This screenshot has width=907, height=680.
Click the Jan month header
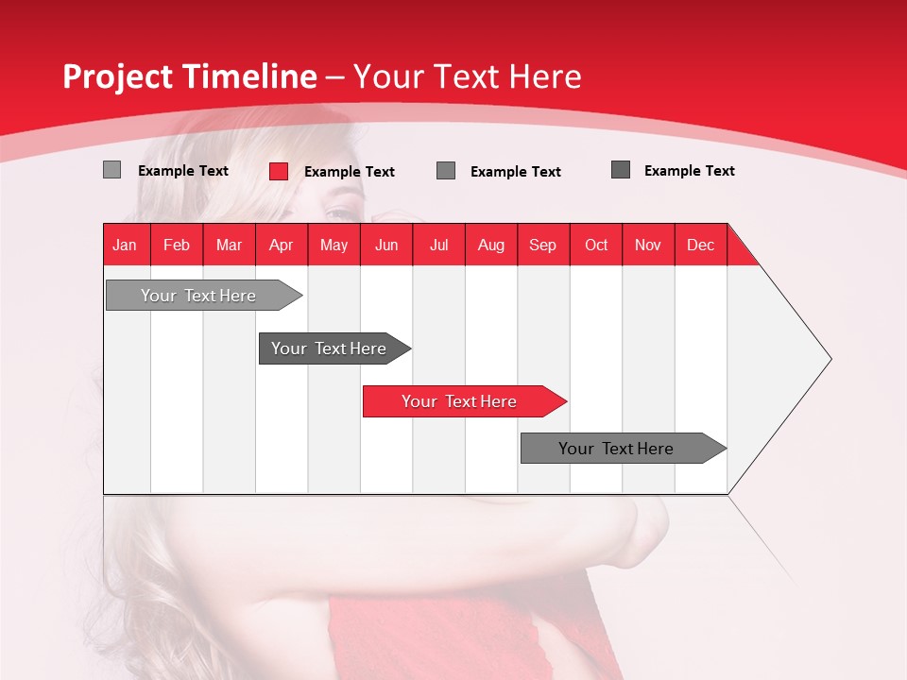[126, 245]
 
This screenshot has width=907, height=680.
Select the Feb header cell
[177, 245]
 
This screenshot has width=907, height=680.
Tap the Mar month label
[229, 245]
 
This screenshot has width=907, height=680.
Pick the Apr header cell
[282, 245]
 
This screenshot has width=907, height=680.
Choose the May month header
[334, 245]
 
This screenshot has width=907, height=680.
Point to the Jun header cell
[386, 245]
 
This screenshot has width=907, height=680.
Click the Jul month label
[438, 245]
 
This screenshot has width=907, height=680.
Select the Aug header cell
[491, 245]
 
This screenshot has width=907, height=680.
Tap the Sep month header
[543, 245]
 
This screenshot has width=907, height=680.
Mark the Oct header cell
[596, 245]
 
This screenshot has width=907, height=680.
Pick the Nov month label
[648, 245]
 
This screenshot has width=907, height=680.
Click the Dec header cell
[701, 245]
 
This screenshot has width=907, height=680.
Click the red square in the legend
[279, 171]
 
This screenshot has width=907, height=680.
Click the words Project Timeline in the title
[190, 76]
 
